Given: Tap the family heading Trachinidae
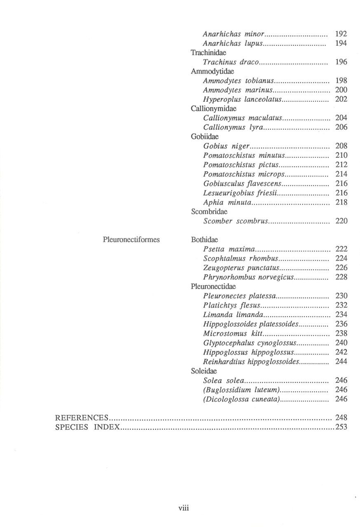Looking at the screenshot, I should click(209, 53).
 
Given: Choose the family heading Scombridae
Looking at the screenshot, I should click(209, 212).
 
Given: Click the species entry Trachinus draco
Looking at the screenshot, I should click(231, 62).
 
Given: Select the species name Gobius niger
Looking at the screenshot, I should click(227, 146).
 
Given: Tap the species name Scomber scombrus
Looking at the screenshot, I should click(236, 221).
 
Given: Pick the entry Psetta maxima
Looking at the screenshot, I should click(229, 249).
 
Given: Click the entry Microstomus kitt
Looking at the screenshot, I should click(233, 333).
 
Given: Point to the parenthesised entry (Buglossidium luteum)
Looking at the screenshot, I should click(242, 389).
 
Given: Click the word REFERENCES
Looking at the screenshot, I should click(82, 418).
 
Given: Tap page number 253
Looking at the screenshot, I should click(341, 427).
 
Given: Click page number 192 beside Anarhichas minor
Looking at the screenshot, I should click(341, 34).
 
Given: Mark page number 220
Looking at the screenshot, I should click(341, 221).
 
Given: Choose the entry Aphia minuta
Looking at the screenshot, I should click(227, 202).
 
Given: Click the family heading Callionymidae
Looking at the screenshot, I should click(213, 109).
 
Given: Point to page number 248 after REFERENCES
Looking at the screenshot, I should click(341, 418).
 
